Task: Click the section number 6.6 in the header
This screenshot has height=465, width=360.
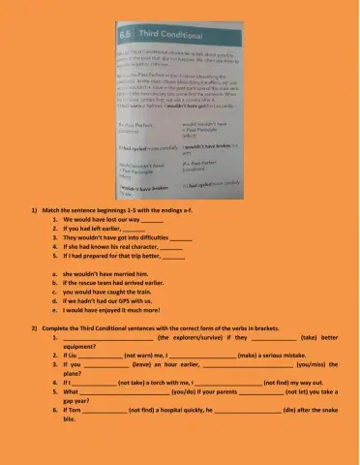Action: click(x=100, y=35)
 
